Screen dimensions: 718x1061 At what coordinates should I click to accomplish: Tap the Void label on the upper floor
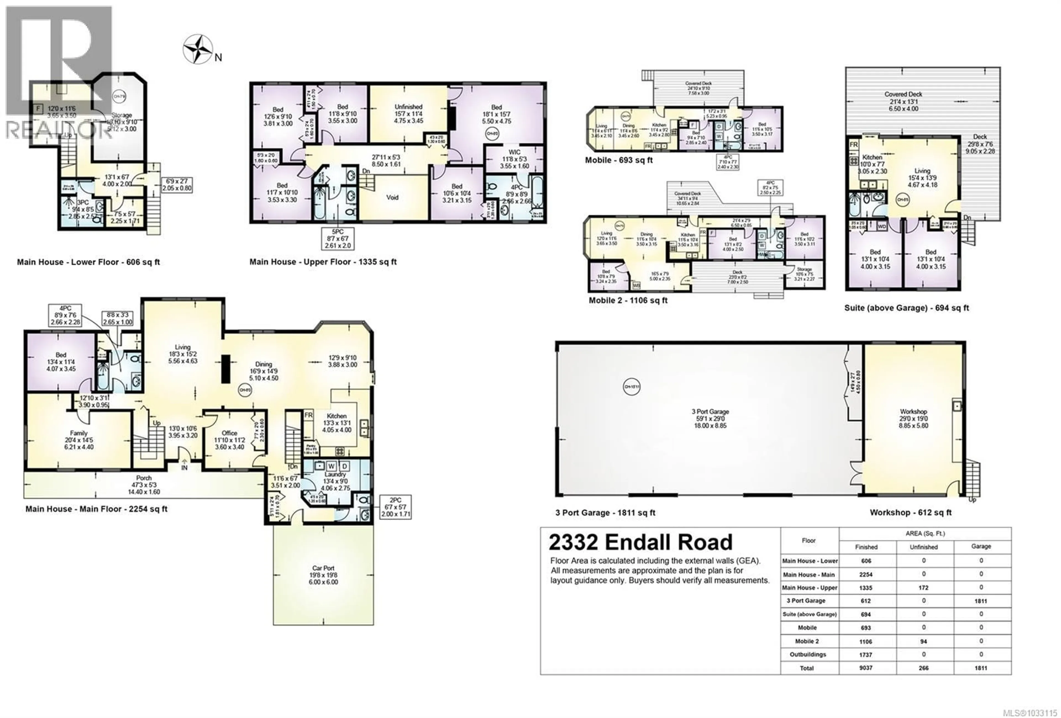tap(392, 197)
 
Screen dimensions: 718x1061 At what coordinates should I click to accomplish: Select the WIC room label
tap(514, 152)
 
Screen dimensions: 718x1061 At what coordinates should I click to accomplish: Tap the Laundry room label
tap(335, 474)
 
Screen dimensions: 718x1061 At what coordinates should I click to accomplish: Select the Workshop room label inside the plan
tap(913, 411)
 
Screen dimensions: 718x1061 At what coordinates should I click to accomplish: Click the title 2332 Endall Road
tap(640, 542)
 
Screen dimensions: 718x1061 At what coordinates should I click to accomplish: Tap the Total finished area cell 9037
tap(866, 668)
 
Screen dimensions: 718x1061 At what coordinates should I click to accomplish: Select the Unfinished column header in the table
tap(924, 547)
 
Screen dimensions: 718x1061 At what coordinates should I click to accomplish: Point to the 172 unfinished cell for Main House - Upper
tap(924, 588)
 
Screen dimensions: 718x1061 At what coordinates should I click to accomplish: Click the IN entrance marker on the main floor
tap(185, 467)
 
